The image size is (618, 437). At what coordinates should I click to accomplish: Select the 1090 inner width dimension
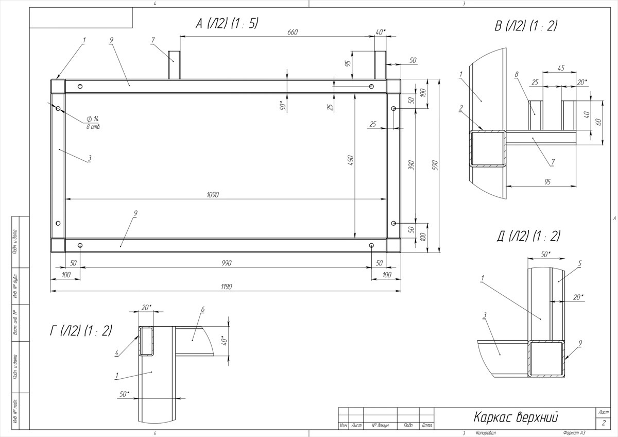pos(213,195)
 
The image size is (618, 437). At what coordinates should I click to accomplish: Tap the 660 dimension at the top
pos(293,32)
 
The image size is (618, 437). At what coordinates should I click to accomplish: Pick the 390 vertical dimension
pos(411,165)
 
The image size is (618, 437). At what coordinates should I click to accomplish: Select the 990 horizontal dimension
pos(226,263)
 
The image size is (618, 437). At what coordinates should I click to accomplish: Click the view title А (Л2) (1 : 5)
pos(227,23)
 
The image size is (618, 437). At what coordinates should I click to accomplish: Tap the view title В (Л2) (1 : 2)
pos(526,26)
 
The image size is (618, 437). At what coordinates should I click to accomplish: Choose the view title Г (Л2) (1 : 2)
pos(80,331)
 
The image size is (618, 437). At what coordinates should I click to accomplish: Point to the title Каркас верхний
pos(516,416)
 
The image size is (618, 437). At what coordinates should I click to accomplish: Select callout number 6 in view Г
pos(203,309)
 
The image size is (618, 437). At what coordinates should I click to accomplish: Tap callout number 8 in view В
pos(516,74)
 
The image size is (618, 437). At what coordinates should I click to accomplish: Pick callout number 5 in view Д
pos(579,263)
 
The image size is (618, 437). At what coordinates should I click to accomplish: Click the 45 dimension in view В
pos(560,67)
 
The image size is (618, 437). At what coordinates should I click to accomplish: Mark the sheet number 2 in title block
pos(603,423)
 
